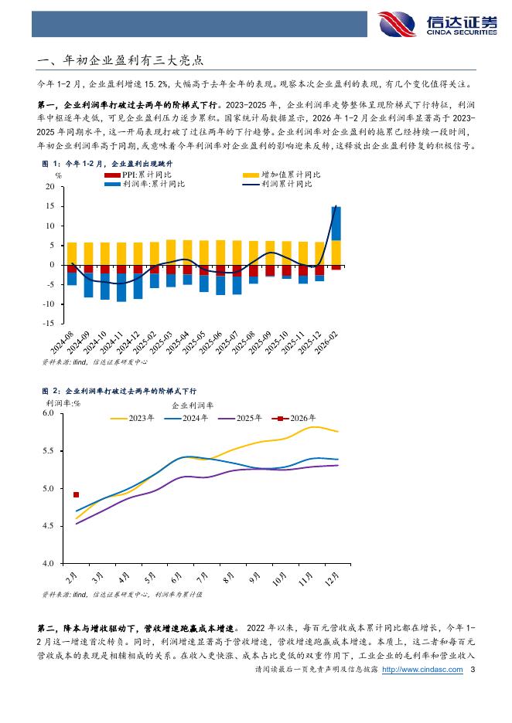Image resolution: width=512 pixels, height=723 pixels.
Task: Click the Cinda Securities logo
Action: (x=437, y=24)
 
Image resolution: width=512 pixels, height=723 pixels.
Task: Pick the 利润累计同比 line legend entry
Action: (x=286, y=184)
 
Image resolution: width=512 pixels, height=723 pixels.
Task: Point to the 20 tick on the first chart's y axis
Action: (x=49, y=187)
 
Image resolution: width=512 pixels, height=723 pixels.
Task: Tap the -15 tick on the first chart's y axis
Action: (x=48, y=324)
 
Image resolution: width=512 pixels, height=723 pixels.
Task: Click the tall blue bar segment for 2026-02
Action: (x=336, y=223)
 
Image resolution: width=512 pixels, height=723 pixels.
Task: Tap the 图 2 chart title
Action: (x=118, y=392)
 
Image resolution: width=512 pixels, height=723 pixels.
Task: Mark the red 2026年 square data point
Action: (x=77, y=495)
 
